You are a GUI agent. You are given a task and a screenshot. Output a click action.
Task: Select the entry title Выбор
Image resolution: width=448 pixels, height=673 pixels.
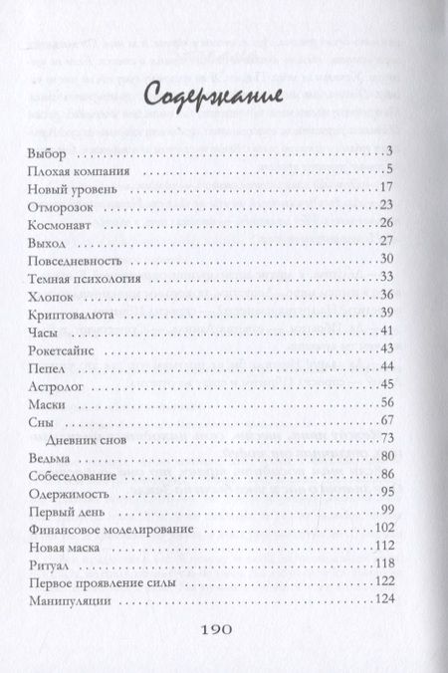tap(48, 151)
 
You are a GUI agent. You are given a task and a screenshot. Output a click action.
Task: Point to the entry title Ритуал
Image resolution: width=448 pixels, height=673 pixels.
tap(51, 563)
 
